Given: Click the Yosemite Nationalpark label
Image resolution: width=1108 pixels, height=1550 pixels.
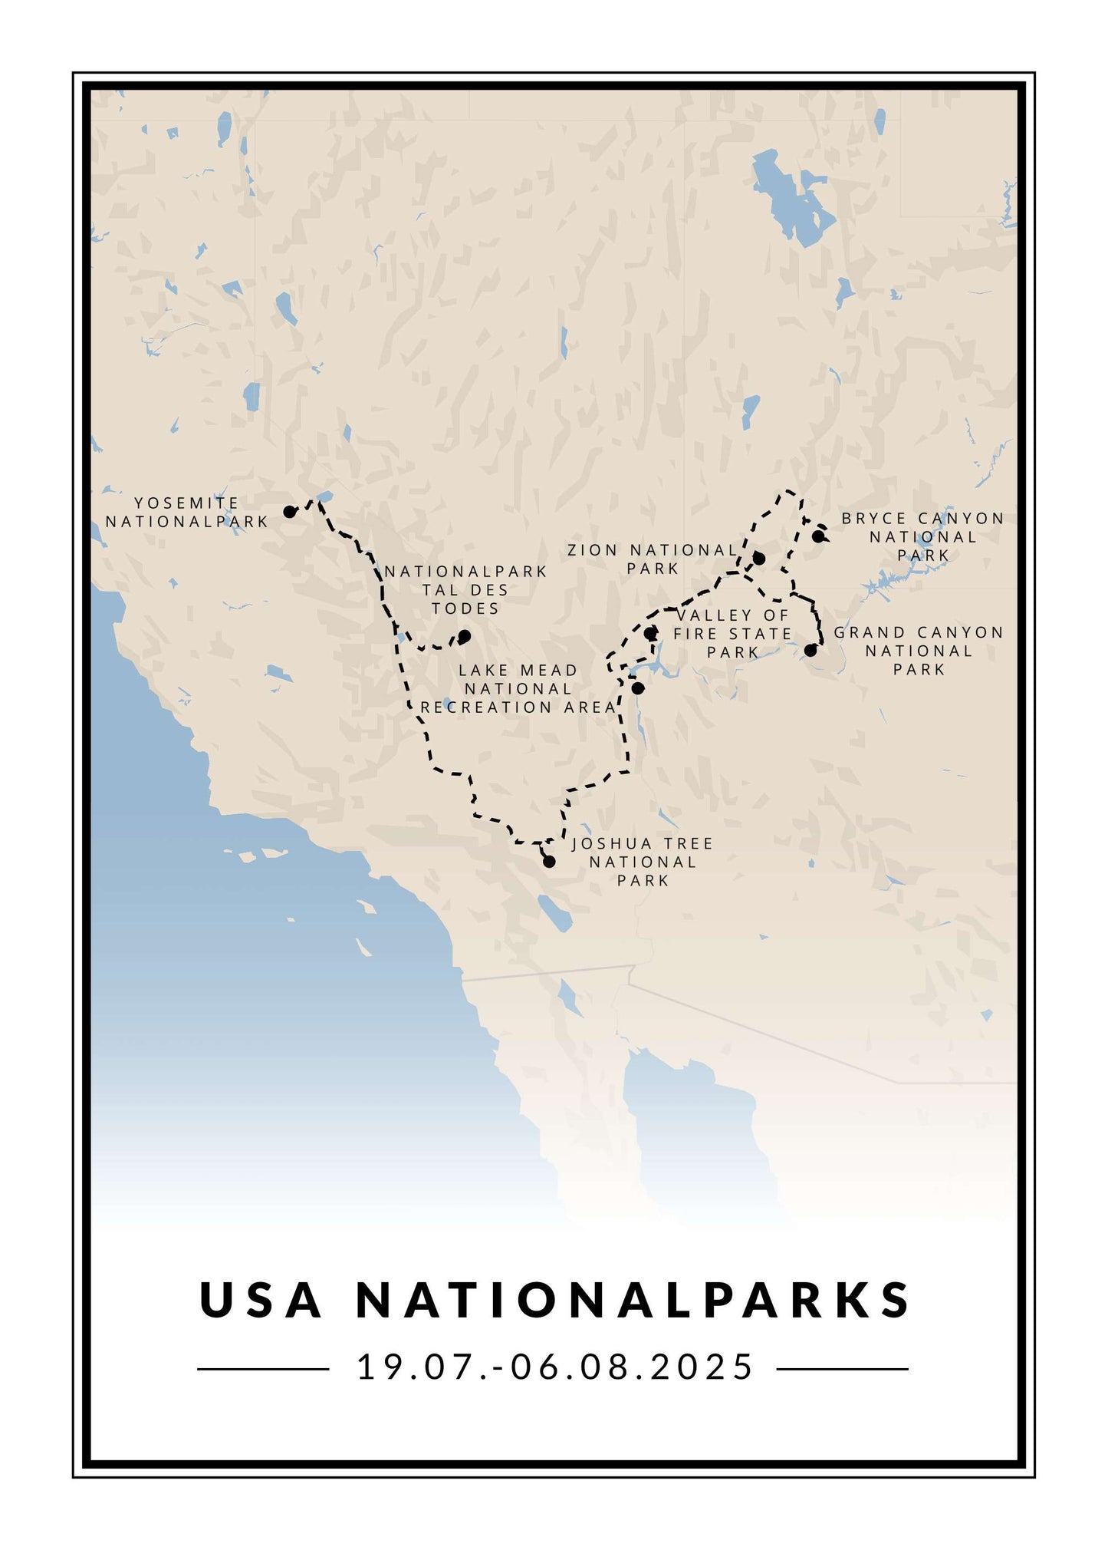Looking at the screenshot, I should click(x=186, y=513).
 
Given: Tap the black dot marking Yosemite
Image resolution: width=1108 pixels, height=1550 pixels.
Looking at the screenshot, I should click(x=289, y=512).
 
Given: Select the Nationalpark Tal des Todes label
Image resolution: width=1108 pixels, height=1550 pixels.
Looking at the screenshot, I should click(x=465, y=590).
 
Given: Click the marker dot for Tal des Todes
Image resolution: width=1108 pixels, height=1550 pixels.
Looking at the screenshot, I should click(x=464, y=636).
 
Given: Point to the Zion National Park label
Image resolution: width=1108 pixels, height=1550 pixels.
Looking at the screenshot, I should click(x=653, y=559).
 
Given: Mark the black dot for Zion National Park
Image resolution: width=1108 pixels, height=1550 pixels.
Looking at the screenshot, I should click(x=759, y=558).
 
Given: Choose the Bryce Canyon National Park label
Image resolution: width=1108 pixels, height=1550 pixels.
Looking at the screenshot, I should click(x=923, y=537).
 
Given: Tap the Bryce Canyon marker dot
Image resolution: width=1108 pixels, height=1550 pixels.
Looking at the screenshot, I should click(x=819, y=536).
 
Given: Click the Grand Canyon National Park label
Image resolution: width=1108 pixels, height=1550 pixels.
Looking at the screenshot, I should click(x=919, y=651).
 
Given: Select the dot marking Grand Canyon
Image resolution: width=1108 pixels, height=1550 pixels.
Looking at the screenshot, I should click(x=810, y=650).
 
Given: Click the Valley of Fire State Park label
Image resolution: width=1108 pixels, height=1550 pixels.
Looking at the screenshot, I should click(x=732, y=634).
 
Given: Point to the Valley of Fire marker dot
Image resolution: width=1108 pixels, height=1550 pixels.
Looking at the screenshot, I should click(x=650, y=634).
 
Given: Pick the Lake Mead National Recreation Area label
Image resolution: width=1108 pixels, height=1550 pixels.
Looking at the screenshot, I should click(x=518, y=689).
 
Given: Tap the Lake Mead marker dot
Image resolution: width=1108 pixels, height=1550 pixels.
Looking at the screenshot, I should click(x=638, y=688).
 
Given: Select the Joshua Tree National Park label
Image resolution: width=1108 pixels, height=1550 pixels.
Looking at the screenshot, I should click(x=643, y=862).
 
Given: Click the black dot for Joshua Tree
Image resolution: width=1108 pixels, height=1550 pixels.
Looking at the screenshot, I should click(x=549, y=862).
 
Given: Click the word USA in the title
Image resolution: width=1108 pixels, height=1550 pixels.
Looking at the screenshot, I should click(x=261, y=1300).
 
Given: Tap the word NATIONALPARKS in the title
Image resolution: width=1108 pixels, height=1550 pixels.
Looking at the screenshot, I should click(x=633, y=1300).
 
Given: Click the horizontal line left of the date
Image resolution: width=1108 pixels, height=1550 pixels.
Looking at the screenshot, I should click(x=263, y=1369).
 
